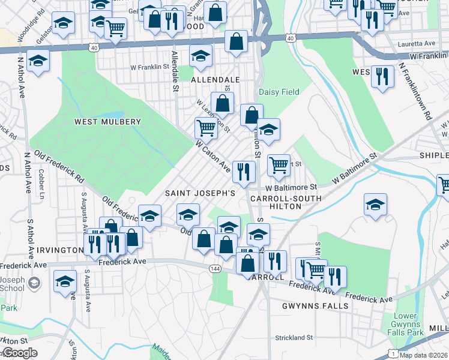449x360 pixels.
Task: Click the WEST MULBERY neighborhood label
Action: [x=107, y=122]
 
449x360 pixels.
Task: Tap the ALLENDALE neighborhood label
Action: [x=215, y=79]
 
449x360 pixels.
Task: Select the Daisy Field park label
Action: [x=279, y=92]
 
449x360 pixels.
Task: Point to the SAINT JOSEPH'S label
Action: [x=200, y=193]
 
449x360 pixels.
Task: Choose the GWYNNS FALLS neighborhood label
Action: [x=315, y=306]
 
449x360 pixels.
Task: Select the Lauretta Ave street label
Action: [x=418, y=44]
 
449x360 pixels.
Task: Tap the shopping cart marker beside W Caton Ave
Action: [x=206, y=128]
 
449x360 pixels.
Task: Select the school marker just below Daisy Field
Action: [x=269, y=130]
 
